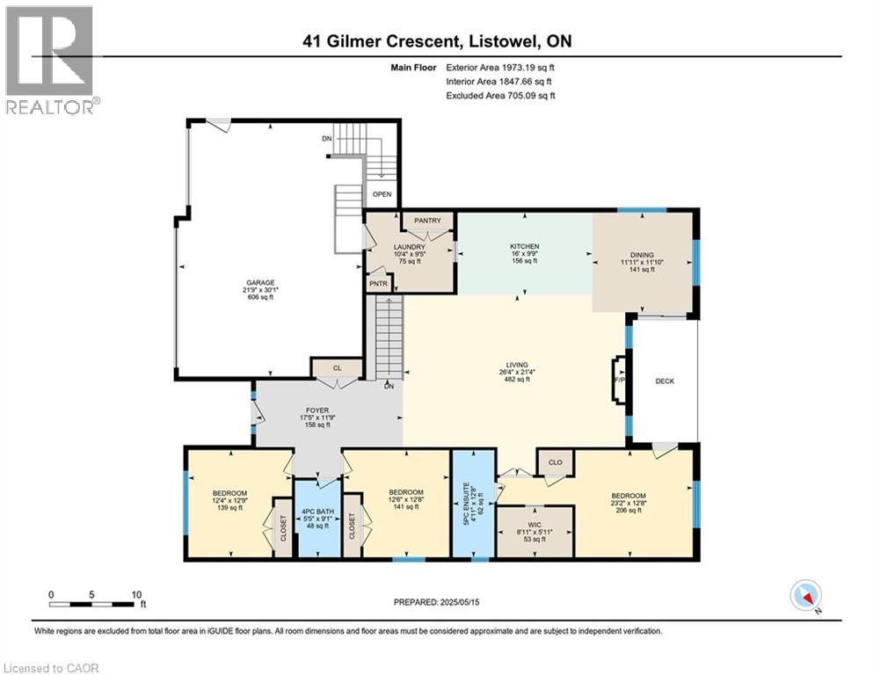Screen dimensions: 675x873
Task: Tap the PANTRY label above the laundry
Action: (x=427, y=221)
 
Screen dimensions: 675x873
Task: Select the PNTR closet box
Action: (x=379, y=283)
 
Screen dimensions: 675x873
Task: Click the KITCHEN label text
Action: (x=524, y=246)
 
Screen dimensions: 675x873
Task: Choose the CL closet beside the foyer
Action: (x=336, y=367)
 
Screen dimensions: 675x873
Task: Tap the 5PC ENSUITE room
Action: (x=473, y=504)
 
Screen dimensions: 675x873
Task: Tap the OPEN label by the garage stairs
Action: (x=382, y=194)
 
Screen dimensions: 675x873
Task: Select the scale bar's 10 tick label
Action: (x=136, y=593)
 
